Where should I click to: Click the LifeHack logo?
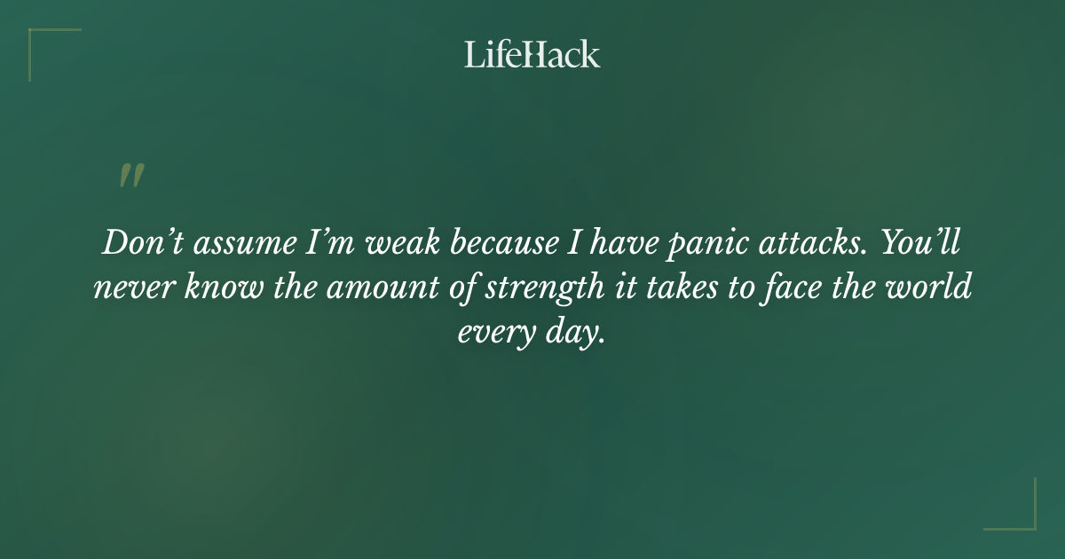(x=532, y=54)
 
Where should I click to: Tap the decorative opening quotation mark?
(x=131, y=177)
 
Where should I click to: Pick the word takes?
(x=677, y=288)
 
